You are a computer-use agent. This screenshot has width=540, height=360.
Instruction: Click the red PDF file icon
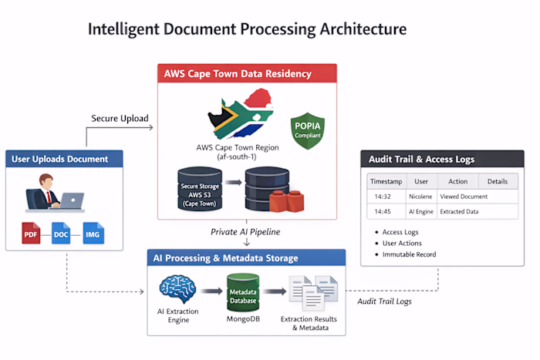coord(30,233)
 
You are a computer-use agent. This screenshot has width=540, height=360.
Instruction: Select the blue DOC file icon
coord(61,233)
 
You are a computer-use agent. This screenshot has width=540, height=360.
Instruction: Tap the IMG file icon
coord(93,233)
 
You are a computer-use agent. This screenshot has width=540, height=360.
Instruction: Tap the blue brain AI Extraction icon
coord(177,291)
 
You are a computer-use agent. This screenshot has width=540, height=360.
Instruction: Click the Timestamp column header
coord(386,182)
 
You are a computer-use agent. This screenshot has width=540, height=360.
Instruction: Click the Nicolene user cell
coord(421,197)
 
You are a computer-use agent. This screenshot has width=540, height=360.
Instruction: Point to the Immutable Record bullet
coord(409,254)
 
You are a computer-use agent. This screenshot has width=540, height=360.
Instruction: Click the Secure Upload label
coord(120,118)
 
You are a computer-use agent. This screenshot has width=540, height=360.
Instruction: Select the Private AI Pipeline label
coord(245,231)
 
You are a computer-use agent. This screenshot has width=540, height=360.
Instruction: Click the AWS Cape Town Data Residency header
coord(238,74)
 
